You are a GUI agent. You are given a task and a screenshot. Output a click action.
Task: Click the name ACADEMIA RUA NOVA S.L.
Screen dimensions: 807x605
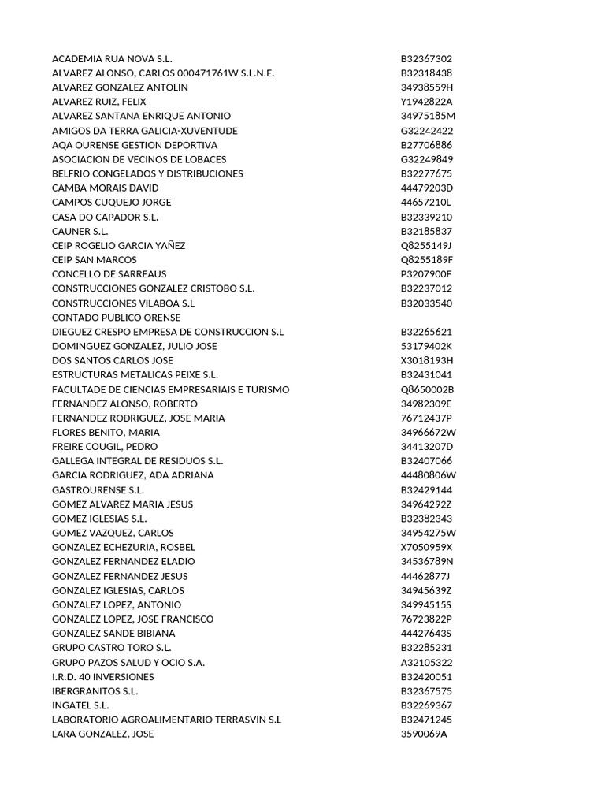pos(112,59)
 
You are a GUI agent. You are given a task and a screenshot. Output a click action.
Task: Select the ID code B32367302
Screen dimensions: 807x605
pos(426,59)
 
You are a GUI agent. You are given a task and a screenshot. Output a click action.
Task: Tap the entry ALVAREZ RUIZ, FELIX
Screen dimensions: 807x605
pos(98,102)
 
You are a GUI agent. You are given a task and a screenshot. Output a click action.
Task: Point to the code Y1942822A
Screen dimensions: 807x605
pos(427,102)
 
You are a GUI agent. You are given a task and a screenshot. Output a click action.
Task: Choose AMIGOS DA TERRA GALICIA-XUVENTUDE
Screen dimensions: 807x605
pos(144,131)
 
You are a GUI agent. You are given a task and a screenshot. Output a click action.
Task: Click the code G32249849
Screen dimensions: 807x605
pos(427,159)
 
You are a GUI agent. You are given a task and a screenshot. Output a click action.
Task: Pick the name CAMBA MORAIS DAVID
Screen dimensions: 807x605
pos(105,188)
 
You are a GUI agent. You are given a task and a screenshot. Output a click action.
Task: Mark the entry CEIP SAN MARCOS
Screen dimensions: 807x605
pos(94,259)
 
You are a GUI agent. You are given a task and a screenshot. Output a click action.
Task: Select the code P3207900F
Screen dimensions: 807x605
pos(426,274)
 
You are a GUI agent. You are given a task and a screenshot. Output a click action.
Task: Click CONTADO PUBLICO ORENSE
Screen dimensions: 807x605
pos(116,318)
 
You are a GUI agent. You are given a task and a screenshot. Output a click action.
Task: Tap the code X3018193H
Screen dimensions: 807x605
pos(427,360)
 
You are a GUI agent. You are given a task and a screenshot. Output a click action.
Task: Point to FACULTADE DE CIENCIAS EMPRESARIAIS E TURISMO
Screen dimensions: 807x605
pos(170,389)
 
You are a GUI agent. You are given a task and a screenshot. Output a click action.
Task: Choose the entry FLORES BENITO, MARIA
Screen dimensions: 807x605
pos(106,432)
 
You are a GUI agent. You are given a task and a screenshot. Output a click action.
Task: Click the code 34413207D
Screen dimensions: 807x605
pos(427,447)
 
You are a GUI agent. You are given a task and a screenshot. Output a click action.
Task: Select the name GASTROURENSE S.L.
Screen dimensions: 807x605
pos(98,489)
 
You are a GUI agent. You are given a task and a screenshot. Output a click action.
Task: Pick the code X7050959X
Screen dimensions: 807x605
pos(427,547)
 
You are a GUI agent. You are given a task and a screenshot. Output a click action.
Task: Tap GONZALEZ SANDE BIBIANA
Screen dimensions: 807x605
pos(113,633)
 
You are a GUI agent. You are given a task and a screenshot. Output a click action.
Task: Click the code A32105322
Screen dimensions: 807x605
pos(426,662)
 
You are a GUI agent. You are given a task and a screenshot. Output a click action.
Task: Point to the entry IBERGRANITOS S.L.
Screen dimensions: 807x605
pos(95,691)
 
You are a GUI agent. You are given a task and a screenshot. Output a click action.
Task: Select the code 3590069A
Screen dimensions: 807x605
pos(424,734)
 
